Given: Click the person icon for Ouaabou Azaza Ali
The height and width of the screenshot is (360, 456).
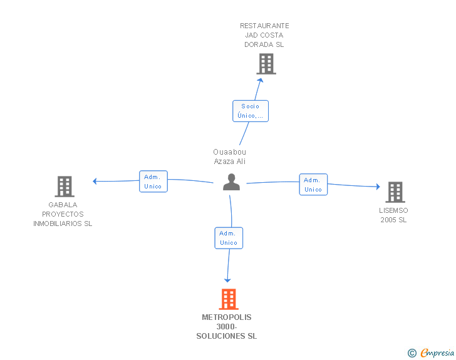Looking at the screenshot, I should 232,182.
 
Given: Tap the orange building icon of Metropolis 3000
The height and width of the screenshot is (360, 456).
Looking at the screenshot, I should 229,299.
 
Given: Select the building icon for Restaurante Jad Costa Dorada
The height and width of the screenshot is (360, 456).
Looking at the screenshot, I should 266,64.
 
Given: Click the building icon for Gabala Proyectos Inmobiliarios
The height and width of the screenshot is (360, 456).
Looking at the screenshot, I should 65,187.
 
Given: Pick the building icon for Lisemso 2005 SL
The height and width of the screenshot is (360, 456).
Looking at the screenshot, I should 395,192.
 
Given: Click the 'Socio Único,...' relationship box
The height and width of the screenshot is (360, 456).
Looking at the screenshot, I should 251,111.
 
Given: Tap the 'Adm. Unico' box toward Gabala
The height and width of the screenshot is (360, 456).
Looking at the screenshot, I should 153,182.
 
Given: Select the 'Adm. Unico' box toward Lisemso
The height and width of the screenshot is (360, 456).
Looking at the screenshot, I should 313,185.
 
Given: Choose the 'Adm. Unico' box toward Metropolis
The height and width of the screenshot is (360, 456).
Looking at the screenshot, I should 229,238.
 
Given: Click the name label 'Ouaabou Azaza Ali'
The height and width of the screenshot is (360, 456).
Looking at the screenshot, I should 229,157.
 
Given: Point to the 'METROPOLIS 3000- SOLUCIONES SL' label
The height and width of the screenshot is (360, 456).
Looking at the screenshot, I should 227,327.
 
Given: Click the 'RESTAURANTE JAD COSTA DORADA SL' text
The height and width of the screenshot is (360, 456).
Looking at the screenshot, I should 264,35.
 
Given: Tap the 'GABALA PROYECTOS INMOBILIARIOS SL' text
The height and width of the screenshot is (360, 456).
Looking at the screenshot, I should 63,214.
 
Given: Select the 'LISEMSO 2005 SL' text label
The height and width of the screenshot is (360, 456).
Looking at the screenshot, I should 393,215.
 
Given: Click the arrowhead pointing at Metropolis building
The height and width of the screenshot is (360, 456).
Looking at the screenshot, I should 227,280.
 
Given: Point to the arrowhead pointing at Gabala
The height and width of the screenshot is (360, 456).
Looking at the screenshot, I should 95,182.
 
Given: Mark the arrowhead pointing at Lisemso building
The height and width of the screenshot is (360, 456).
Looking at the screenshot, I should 377,187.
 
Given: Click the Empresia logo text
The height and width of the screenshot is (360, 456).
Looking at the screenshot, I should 437,353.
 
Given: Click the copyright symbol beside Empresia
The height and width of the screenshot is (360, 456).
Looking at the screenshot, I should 412,354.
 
